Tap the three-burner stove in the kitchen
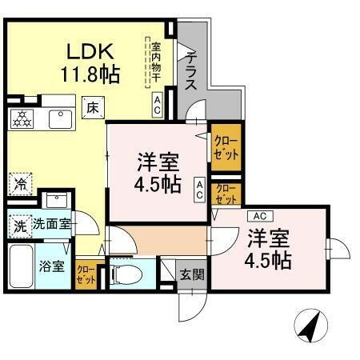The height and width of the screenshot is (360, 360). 21,119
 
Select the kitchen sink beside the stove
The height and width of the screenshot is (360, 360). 60,119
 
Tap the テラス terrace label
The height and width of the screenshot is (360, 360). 193,71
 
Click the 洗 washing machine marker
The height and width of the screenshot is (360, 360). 18,225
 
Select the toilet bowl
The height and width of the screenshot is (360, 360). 126,274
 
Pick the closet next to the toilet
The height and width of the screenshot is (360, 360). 85,274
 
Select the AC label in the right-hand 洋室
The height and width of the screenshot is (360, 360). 258,215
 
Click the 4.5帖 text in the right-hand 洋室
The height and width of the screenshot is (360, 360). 268,259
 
